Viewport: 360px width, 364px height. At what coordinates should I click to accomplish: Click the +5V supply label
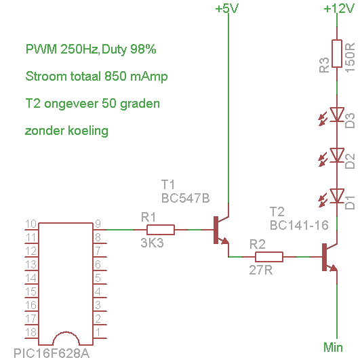tap(227, 9)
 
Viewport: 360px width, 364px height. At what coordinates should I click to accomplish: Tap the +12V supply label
tap(339, 9)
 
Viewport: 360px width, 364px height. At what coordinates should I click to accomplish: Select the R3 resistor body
tap(337, 54)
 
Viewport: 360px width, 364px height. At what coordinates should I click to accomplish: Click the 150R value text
tap(350, 58)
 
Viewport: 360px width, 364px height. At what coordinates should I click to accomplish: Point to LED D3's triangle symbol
tap(337, 114)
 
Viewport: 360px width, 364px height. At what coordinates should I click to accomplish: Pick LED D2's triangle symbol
tap(337, 155)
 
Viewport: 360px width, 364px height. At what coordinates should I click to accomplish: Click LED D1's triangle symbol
tap(337, 196)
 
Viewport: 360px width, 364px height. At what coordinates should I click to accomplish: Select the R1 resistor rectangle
tap(161, 230)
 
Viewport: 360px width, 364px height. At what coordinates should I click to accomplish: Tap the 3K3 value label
tap(152, 243)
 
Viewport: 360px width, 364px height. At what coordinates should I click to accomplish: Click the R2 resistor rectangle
tap(269, 257)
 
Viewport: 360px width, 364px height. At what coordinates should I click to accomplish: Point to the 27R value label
tap(260, 270)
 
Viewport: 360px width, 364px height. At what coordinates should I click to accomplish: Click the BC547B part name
tap(185, 198)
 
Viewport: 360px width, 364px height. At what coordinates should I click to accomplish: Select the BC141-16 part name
tap(299, 225)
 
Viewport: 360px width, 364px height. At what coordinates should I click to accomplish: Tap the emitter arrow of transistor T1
tap(225, 241)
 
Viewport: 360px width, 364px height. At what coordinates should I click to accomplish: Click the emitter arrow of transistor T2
tap(334, 268)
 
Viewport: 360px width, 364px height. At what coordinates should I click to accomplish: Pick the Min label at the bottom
tap(333, 348)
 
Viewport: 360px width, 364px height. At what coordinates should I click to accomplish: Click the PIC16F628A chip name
tap(52, 353)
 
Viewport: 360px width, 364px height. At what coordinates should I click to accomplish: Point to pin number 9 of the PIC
tap(98, 224)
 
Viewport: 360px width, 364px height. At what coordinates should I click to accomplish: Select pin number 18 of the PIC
tap(31, 332)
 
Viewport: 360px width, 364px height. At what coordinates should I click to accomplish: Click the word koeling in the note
tap(88, 131)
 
